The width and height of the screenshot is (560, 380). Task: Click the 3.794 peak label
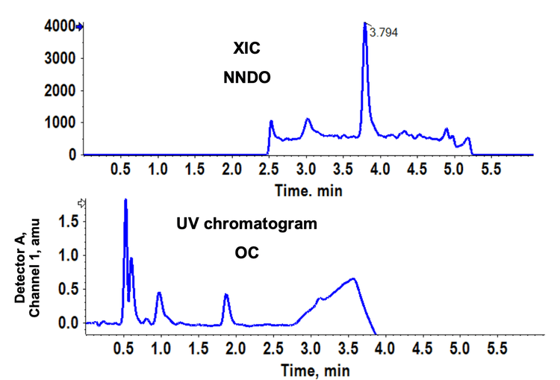[384, 34]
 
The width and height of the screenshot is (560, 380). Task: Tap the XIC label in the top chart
[246, 49]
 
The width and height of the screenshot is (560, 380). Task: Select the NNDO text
[246, 77]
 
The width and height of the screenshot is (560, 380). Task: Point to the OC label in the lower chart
[246, 254]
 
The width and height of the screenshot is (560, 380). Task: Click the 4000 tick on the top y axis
[63, 27]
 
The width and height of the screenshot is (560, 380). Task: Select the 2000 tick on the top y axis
[63, 91]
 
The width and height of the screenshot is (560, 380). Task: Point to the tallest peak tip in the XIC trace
[365, 24]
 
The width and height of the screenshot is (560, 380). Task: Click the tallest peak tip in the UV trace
[125, 200]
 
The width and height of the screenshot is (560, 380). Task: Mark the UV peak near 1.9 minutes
[226, 296]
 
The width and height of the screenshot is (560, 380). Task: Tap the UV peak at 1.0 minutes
[159, 293]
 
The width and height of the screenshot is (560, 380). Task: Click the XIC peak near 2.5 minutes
[271, 121]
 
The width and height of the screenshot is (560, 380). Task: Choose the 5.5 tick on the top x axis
[490, 169]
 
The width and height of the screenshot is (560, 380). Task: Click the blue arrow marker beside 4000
[81, 27]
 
